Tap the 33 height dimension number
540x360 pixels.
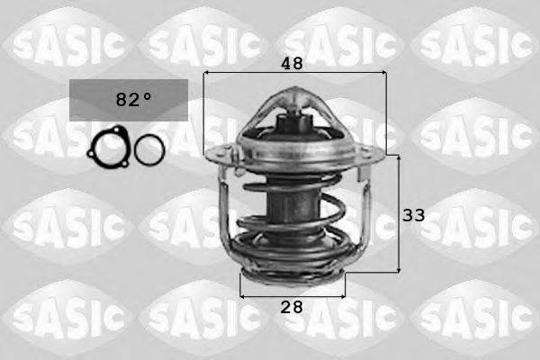413,215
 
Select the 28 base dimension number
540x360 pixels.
291,307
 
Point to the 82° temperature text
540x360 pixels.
128,100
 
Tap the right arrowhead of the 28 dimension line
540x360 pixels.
341,293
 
